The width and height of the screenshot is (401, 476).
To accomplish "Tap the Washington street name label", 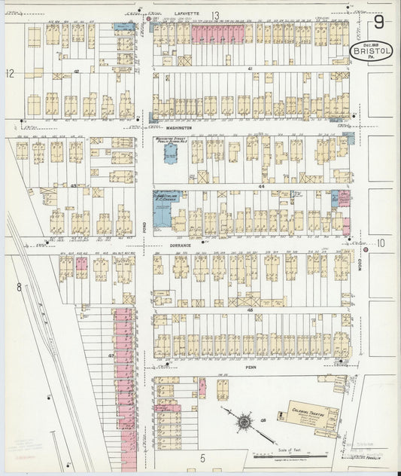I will (x=180, y=128).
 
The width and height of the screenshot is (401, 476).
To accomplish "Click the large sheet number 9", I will (x=379, y=23).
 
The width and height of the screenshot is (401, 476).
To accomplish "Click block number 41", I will (x=249, y=69).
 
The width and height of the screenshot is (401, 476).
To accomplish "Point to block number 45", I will (x=249, y=309).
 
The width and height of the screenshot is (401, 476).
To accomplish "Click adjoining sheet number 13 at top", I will (x=215, y=15).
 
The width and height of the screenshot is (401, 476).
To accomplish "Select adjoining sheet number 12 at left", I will (x=10, y=73).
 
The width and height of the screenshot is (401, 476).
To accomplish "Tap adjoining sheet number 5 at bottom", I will (x=202, y=457).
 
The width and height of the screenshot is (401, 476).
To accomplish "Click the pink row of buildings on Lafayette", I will (x=218, y=33).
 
